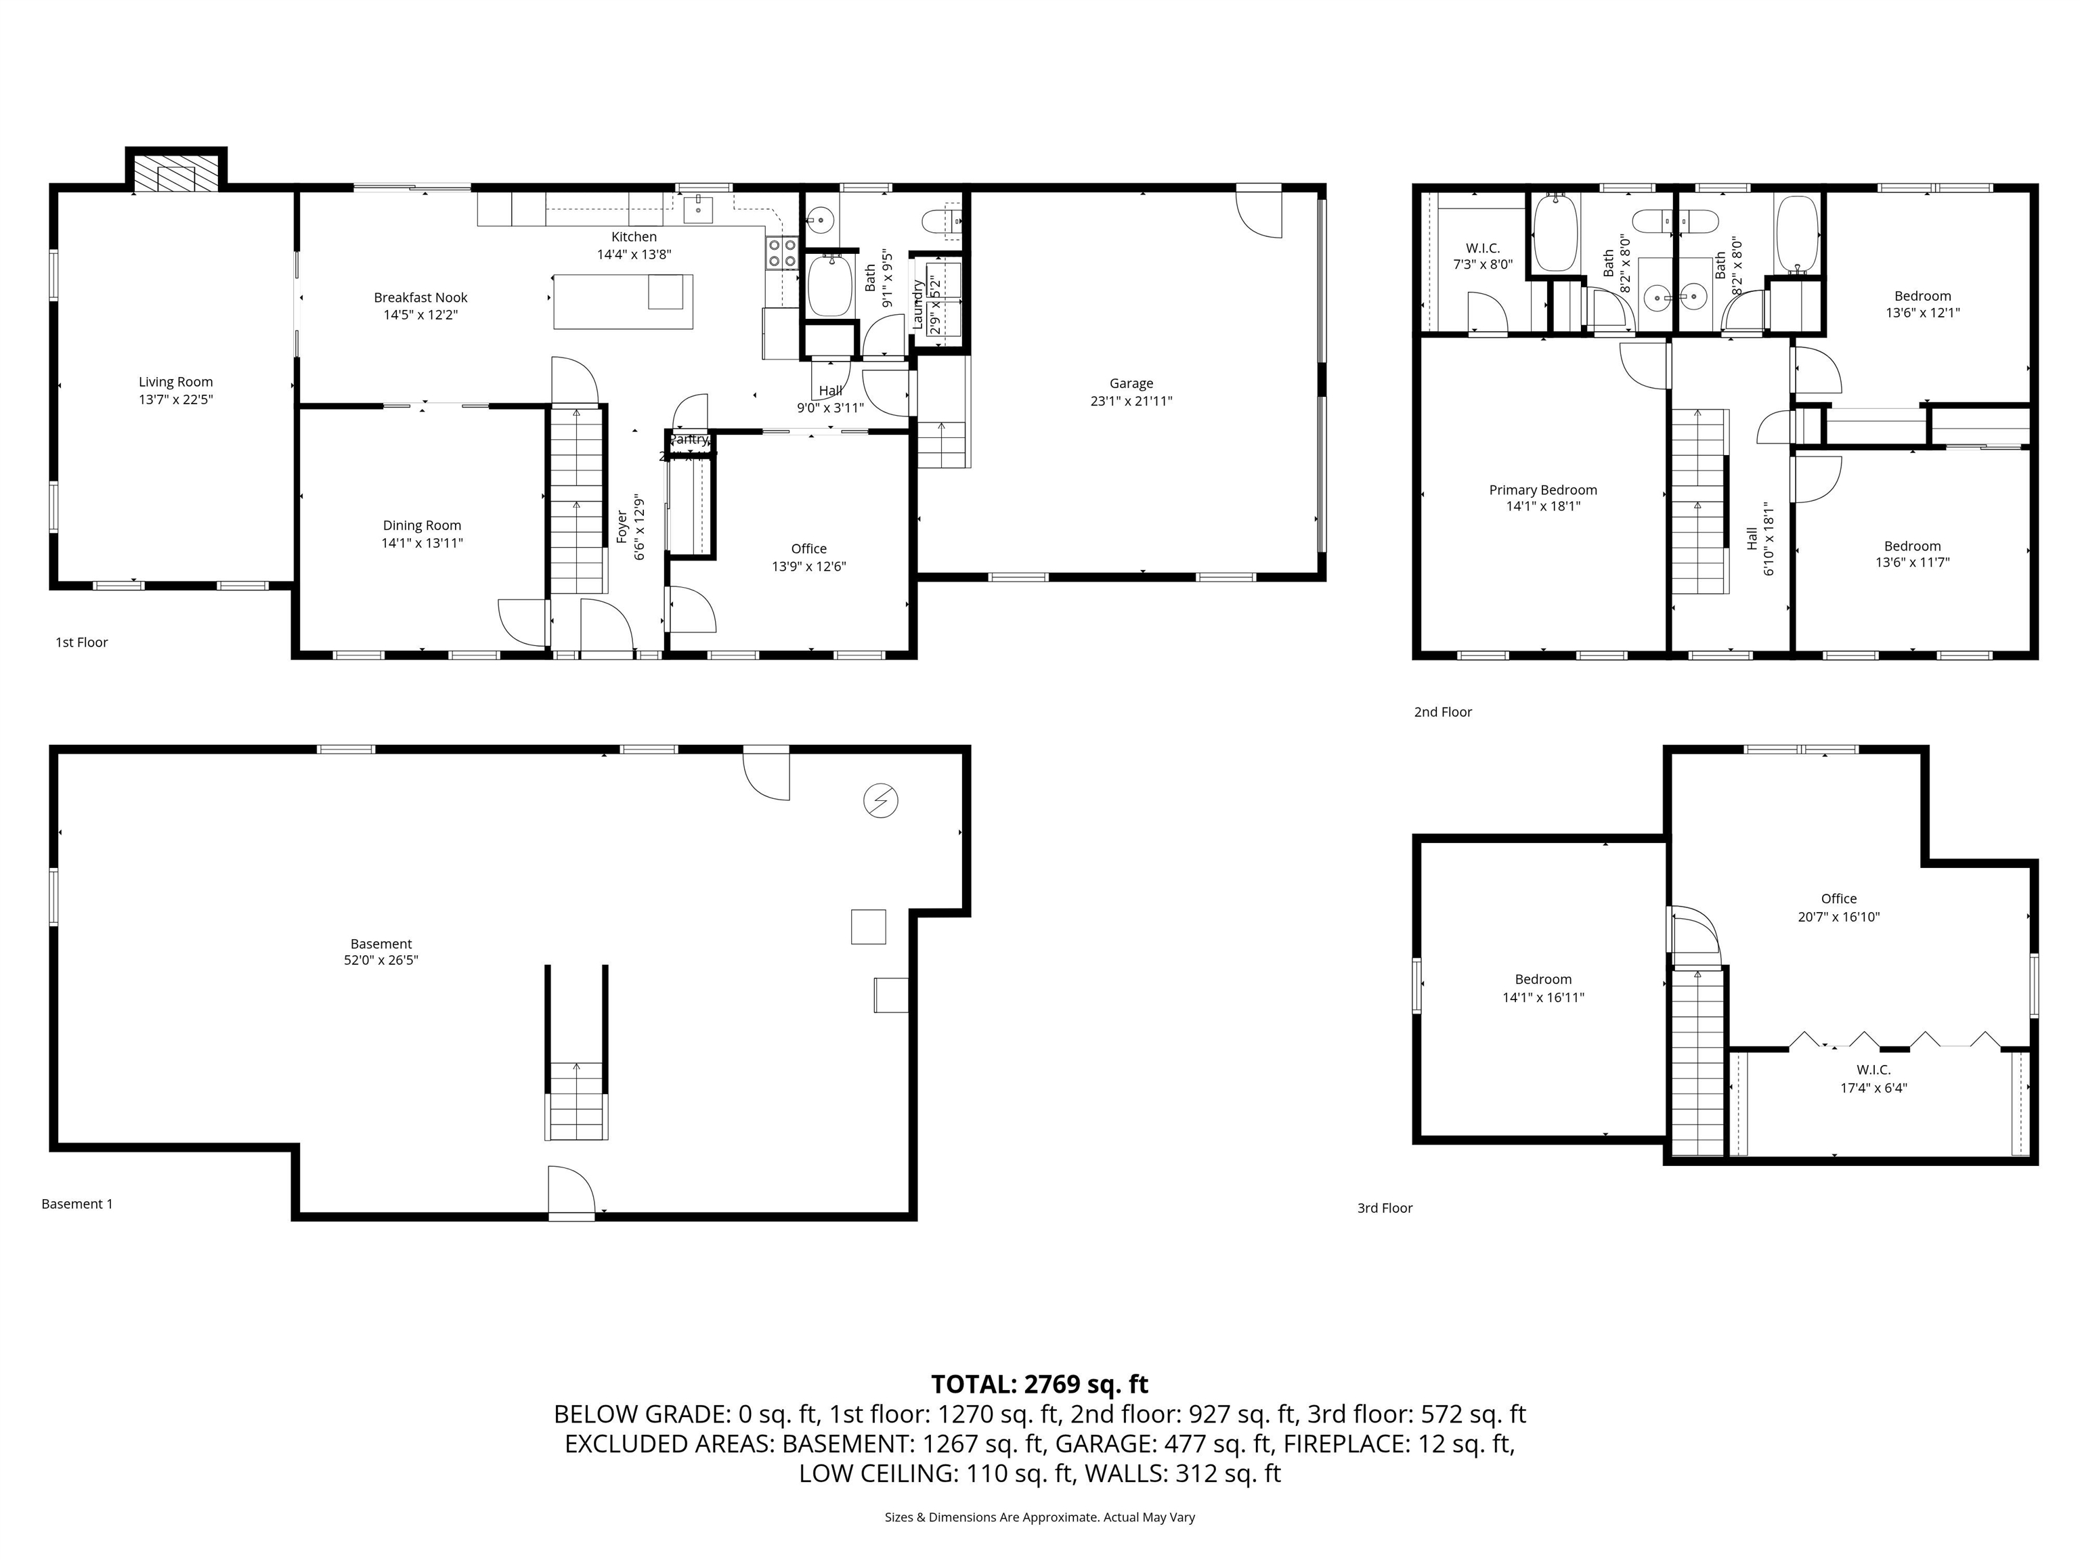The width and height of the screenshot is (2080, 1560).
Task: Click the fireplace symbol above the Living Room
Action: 176,174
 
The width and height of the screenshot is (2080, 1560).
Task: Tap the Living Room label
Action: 176,382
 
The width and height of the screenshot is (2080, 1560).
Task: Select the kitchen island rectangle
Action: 622,302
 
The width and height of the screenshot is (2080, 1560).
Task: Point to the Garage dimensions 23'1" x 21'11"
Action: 1131,402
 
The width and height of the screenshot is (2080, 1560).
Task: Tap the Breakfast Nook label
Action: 420,297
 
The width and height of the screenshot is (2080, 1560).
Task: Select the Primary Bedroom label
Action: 1543,490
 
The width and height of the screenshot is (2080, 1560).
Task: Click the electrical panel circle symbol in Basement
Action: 881,801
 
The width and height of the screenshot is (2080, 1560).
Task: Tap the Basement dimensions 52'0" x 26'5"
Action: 381,961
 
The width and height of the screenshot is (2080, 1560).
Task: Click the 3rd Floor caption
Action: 1384,1209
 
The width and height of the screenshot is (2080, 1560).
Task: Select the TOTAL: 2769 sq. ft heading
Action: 1039,1384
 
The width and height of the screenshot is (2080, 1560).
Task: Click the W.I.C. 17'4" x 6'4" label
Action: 1873,1079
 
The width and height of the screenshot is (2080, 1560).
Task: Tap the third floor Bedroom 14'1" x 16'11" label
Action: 1543,989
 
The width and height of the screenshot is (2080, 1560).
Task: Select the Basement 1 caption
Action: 77,1204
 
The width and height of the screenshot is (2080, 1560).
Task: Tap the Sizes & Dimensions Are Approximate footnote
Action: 1039,1517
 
